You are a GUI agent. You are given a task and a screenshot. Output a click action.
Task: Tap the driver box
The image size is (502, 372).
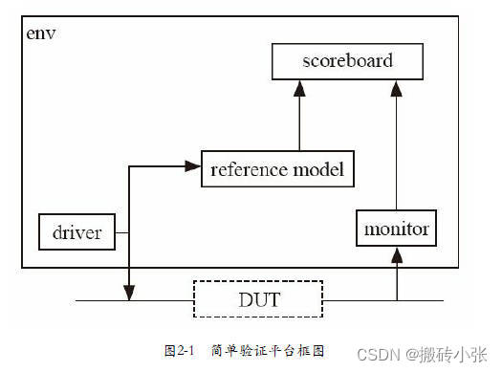(76, 231)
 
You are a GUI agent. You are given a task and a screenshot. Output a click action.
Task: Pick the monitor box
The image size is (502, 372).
(397, 229)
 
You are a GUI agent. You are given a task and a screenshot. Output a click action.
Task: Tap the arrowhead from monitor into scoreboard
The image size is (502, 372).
(395, 87)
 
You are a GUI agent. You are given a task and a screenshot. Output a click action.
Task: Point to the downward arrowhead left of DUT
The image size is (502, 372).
(128, 291)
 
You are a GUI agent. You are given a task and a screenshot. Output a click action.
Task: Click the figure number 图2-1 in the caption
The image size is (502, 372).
(178, 351)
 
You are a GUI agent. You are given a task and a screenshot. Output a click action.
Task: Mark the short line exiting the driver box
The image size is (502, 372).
(121, 231)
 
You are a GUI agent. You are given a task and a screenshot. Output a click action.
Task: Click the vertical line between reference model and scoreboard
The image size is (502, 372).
(299, 120)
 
